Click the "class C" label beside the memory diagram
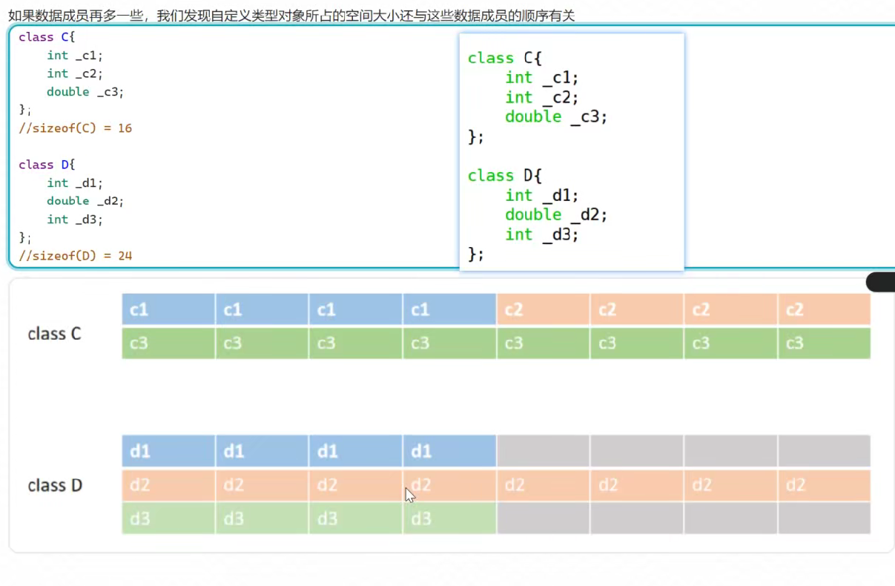point(54,334)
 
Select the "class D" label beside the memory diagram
point(54,486)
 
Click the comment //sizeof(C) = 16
point(75,128)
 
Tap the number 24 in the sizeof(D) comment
point(125,256)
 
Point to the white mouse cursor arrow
point(409,495)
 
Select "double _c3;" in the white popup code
point(556,116)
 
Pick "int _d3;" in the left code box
point(74,220)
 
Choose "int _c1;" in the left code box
point(74,56)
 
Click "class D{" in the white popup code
point(505,176)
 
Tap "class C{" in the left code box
point(47,37)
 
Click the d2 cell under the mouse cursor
point(449,486)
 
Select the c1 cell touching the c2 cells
point(449,309)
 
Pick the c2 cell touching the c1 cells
point(543,309)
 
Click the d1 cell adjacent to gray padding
point(449,451)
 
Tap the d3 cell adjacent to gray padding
point(449,518)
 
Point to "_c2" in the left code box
point(89,73)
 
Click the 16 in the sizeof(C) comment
point(125,128)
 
